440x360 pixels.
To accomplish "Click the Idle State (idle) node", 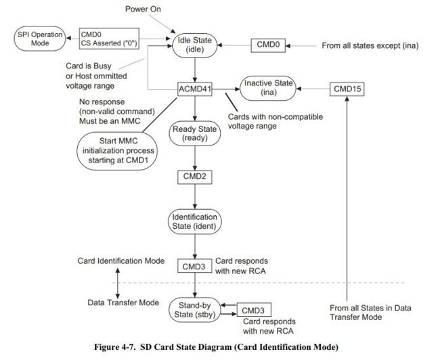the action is pos(195,45).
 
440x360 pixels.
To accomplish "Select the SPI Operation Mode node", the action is pos(40,39).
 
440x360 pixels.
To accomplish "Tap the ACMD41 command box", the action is pos(195,89).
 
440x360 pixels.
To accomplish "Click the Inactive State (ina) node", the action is pos(268,88).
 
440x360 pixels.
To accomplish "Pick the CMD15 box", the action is pos(347,89).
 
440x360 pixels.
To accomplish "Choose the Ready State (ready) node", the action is pos(195,133).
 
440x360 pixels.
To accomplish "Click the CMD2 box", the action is pos(195,177).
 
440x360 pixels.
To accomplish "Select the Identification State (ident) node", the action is pos(195,222).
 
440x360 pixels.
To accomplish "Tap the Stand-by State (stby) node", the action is pos(195,310).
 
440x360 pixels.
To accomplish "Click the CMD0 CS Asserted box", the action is pos(109,39).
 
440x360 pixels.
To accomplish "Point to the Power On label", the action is pos(143,9).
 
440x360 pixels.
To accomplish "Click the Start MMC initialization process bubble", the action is pos(117,151).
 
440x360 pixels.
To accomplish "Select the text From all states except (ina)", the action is pos(370,45).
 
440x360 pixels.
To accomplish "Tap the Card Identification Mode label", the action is pos(121,261).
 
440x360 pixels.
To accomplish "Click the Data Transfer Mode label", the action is pos(123,302).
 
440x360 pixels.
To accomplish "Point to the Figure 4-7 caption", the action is pos(216,347).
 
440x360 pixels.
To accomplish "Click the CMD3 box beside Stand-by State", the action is pos(254,310).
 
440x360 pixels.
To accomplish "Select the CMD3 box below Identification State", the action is pos(195,266).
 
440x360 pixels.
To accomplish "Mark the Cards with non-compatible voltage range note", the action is pos(276,121).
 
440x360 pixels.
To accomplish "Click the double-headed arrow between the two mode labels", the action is pos(118,283).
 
